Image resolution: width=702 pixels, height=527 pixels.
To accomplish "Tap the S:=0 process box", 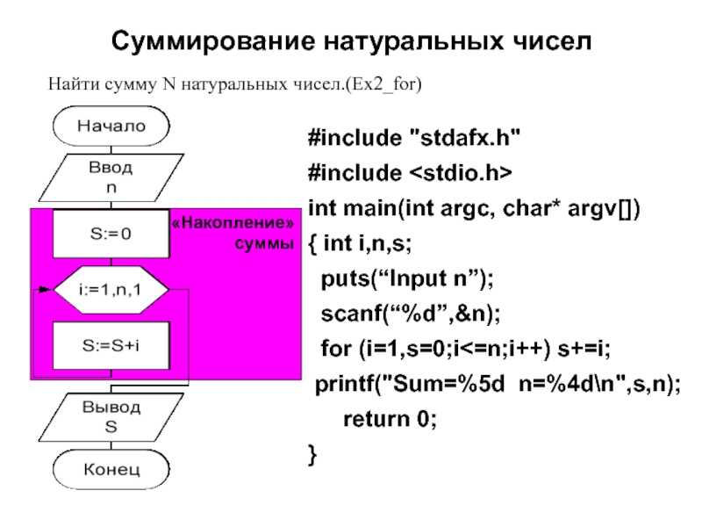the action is (111, 234).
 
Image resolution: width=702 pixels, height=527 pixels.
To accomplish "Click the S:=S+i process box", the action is (111, 345).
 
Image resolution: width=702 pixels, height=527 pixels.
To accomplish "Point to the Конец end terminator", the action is (111, 469).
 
